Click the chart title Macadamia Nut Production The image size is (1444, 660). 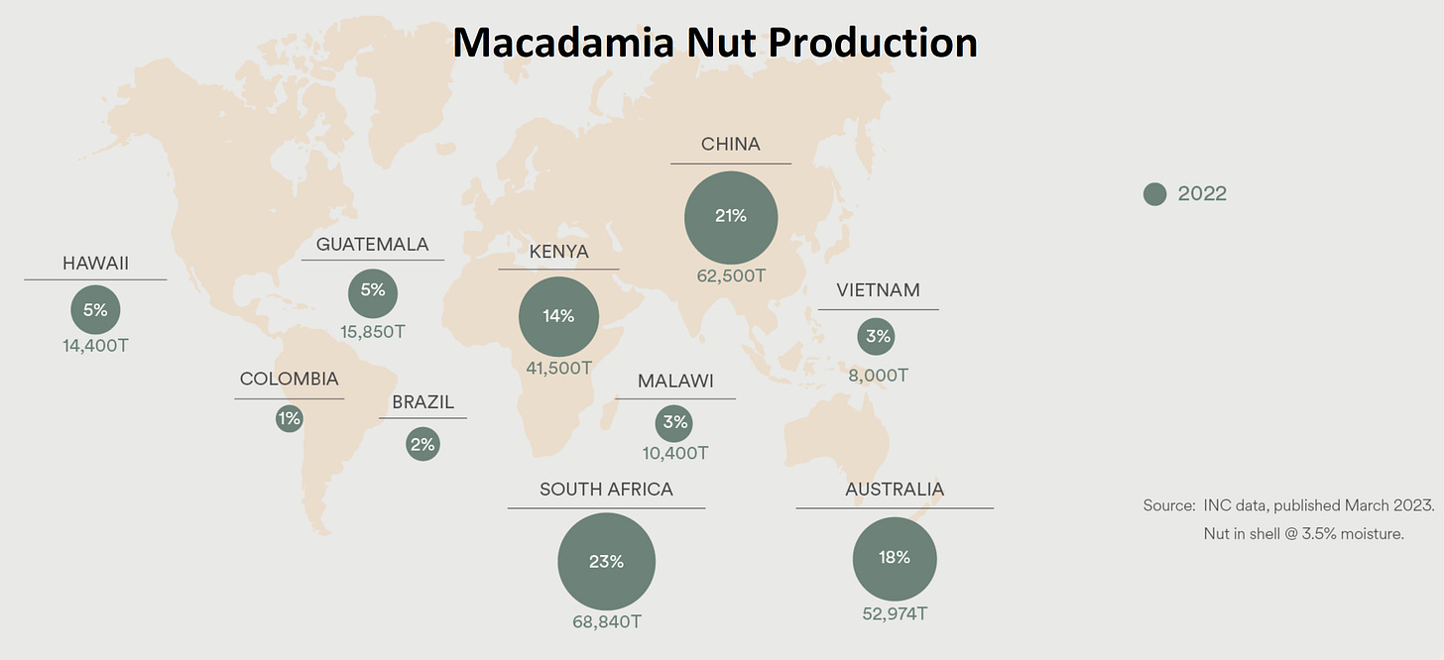(715, 42)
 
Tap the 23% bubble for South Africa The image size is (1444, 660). (606, 561)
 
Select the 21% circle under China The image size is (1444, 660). (731, 217)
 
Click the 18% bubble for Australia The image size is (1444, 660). (895, 558)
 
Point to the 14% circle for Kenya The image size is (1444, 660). (558, 316)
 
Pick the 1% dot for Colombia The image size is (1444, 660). (289, 419)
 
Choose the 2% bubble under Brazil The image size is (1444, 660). (422, 444)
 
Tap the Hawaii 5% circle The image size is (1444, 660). (95, 310)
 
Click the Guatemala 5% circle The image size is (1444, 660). (373, 291)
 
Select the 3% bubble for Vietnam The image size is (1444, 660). (878, 337)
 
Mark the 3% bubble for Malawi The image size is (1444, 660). (675, 423)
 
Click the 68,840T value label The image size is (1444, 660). (606, 621)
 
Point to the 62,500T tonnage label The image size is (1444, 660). (731, 275)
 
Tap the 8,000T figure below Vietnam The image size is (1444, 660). (878, 376)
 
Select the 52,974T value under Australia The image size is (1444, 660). (895, 613)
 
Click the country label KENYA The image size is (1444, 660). (558, 252)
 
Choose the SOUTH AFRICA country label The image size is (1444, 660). (606, 490)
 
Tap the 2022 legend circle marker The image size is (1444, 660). (1154, 194)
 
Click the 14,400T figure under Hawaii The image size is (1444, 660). (95, 347)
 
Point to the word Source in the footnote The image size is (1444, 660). (1168, 505)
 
